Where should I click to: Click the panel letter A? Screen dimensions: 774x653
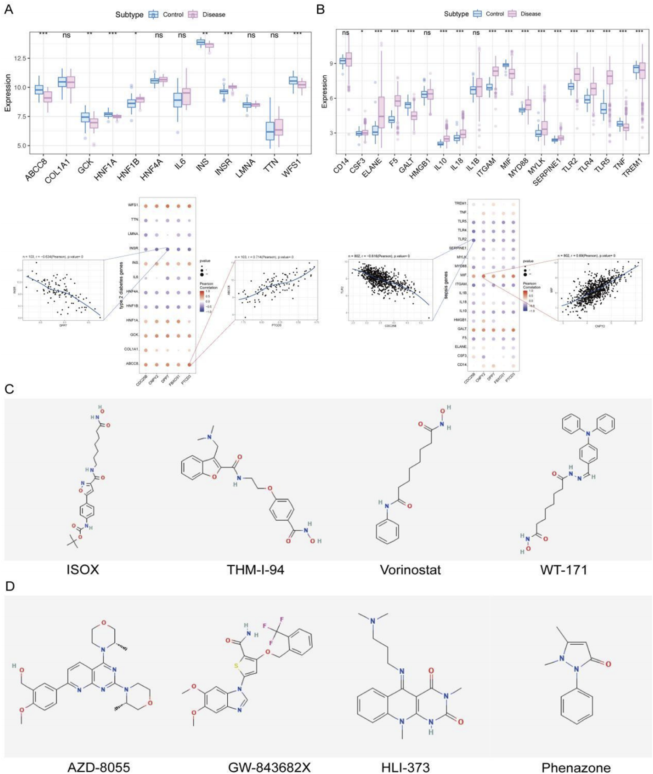[8, 10]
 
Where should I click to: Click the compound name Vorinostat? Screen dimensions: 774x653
[410, 570]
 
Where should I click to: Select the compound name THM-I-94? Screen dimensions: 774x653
[255, 570]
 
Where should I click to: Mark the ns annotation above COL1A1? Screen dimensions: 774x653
[66, 35]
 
